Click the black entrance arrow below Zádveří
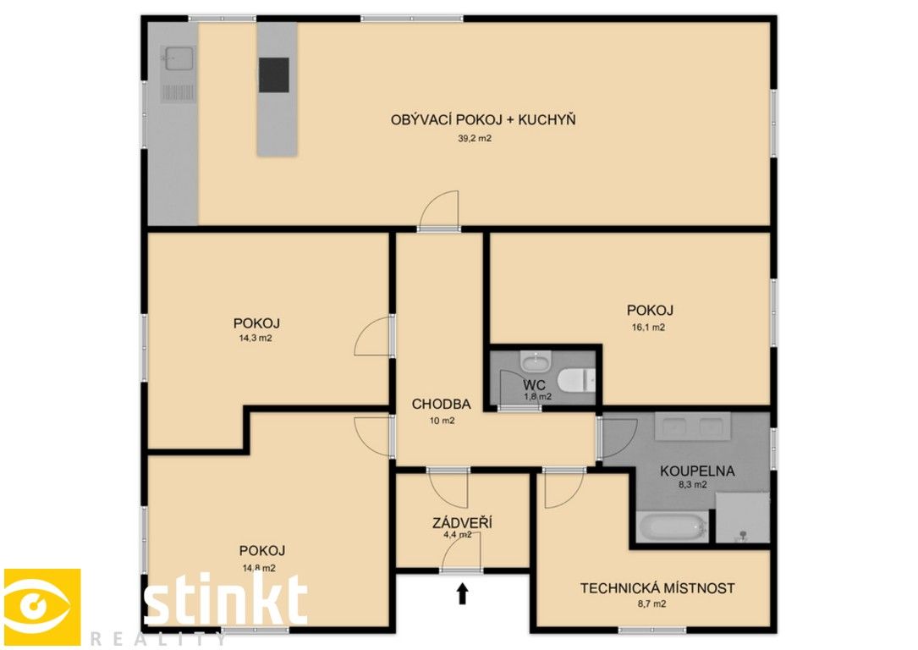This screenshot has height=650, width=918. [462, 594]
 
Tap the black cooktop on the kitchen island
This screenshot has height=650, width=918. [273, 74]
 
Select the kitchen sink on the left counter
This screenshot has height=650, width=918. [179, 59]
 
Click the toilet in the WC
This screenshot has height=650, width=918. [578, 380]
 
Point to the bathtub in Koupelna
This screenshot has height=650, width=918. [673, 528]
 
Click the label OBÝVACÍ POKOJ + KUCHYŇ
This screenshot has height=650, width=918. [483, 120]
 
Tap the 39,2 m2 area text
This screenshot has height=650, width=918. [475, 138]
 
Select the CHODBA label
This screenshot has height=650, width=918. [441, 404]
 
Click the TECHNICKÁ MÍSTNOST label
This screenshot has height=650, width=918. [657, 588]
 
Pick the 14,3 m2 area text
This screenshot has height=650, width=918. [256, 338]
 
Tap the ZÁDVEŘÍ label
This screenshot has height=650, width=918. [462, 523]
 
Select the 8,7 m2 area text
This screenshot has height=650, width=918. [650, 604]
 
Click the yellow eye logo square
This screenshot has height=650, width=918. [42, 608]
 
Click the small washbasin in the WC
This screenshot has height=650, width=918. [535, 364]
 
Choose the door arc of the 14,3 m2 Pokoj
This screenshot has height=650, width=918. [373, 337]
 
